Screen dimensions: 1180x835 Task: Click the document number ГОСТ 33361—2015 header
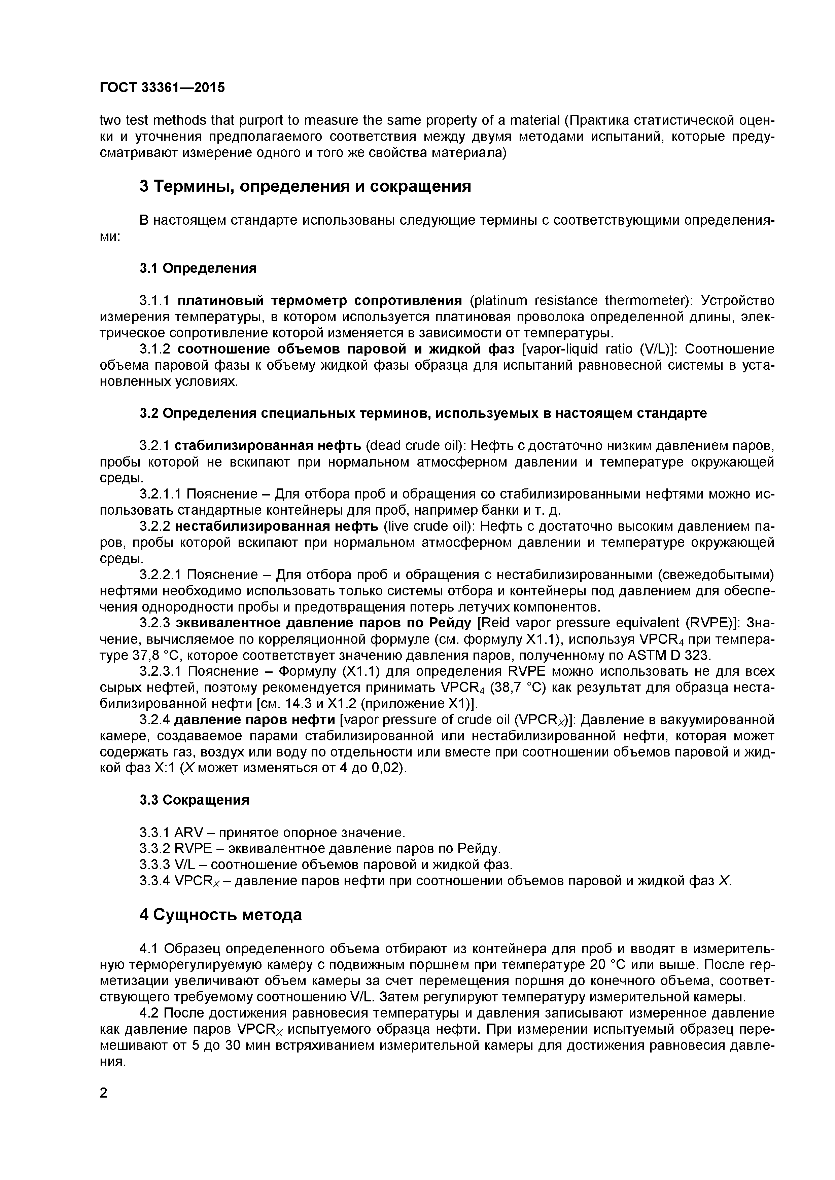click(162, 88)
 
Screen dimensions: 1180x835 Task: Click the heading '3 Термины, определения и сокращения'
click(305, 186)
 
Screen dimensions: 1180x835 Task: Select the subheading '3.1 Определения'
click(198, 268)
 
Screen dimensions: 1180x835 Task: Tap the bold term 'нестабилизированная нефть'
click(277, 526)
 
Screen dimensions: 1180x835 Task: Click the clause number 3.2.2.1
click(161, 575)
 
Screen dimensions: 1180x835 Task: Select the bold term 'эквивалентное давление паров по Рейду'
click(323, 623)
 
